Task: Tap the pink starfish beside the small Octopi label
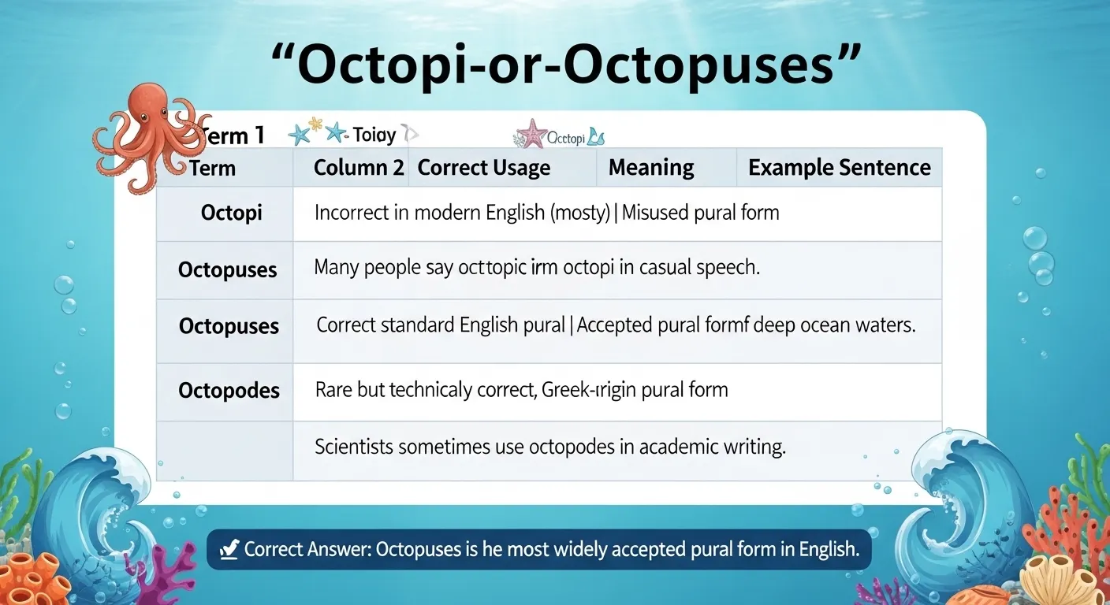[531, 133]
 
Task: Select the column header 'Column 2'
[359, 168]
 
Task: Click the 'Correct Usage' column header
[484, 168]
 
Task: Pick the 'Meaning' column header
[651, 168]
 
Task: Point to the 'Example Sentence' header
[839, 168]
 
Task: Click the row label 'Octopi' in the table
[231, 213]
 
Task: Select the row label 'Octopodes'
[229, 390]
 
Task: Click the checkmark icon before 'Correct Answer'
[229, 550]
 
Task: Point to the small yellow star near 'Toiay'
[315, 124]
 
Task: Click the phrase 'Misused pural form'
[700, 213]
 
